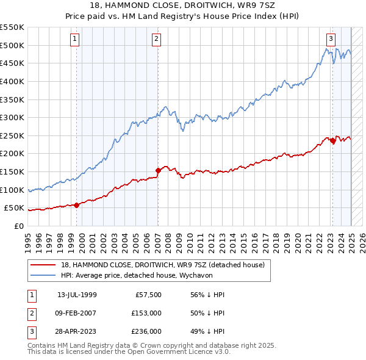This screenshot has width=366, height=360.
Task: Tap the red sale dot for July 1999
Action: (x=77, y=205)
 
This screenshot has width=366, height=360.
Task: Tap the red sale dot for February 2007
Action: (x=158, y=170)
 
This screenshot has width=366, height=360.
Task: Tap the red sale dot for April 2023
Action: (x=332, y=140)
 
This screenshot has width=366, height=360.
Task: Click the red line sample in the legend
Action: (x=43, y=265)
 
